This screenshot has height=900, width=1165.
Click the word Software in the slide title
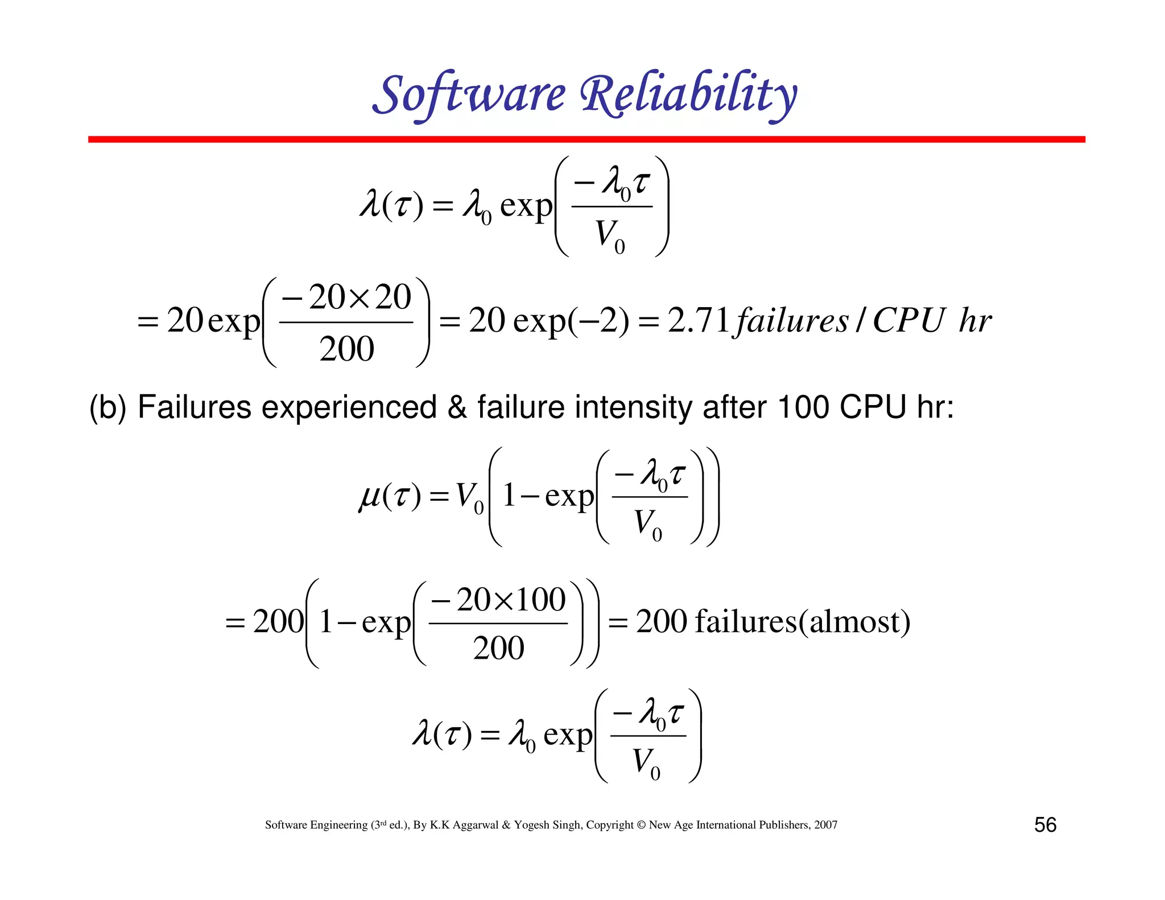pos(469,94)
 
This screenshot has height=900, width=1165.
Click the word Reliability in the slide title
pos(688,94)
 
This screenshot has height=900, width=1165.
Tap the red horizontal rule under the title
pos(586,139)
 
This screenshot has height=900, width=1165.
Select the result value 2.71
pos(699,320)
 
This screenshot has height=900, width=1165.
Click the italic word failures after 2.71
pos(792,321)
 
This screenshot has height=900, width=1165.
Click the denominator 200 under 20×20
pos(346,349)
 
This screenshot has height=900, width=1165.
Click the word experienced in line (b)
pos(349,408)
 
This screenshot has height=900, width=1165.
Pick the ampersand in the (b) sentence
pos(457,408)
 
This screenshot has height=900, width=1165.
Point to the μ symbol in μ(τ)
pos(369,497)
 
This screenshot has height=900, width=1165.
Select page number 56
pos(1045,825)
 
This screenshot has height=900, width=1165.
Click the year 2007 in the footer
pos(825,825)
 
